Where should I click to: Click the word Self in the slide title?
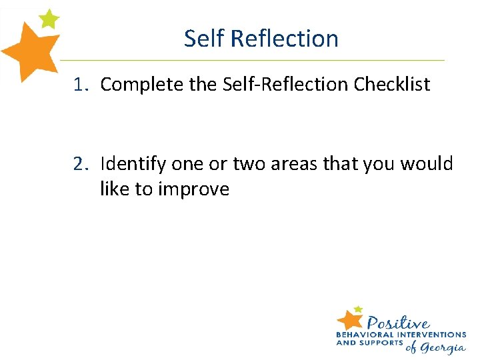(204, 39)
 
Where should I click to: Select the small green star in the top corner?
(49, 18)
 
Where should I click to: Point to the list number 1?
(80, 85)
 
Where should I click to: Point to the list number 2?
(81, 163)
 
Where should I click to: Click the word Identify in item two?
(133, 163)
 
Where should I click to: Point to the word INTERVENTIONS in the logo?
(431, 335)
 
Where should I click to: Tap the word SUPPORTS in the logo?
(382, 343)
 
